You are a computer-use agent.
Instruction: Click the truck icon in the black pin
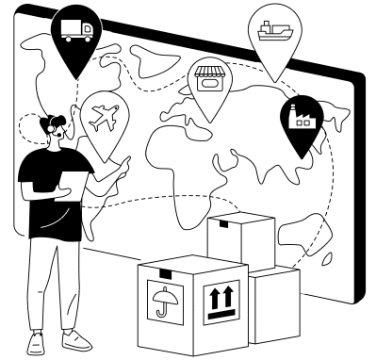pos(76,31)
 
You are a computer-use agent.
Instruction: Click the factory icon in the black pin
pos(303,116)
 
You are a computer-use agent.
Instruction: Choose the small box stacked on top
pos(241,240)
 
